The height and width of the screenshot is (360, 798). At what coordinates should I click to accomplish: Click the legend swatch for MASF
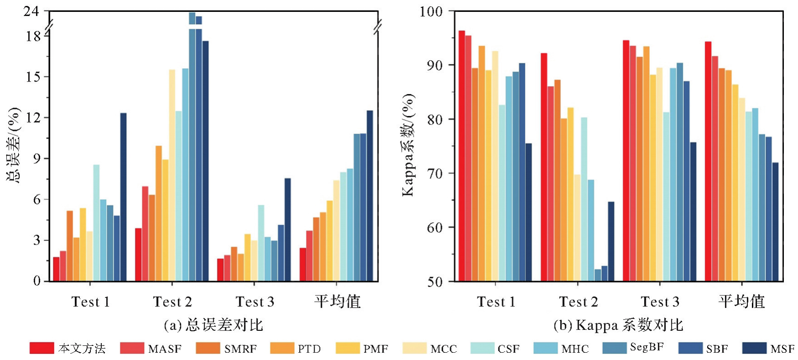click(132, 348)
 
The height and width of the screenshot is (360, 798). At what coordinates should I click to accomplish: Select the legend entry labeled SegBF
click(614, 348)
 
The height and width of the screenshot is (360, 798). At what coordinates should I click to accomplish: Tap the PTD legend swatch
click(282, 348)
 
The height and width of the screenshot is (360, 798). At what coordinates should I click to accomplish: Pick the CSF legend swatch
click(482, 348)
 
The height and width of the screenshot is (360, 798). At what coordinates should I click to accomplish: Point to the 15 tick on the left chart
click(33, 77)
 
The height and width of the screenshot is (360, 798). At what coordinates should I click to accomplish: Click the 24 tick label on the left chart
click(31, 11)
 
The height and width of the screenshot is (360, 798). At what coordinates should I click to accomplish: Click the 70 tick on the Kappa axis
click(435, 173)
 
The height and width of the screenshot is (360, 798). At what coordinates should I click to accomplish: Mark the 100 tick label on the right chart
click(431, 11)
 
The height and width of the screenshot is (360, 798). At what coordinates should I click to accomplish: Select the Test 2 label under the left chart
click(172, 302)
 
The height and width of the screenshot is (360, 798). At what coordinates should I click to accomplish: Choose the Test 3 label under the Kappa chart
click(660, 302)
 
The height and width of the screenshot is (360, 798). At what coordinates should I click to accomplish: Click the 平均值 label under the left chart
click(337, 302)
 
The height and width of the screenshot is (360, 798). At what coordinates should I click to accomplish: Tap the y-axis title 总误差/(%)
click(14, 145)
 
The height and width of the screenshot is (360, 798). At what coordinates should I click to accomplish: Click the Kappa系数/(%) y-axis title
click(409, 145)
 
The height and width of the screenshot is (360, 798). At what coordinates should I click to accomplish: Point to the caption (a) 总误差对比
click(213, 325)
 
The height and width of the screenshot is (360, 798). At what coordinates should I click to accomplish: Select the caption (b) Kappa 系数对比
click(618, 325)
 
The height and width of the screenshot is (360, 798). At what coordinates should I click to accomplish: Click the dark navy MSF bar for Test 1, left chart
click(123, 197)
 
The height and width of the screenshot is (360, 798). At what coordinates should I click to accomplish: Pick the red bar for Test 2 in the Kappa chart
click(544, 167)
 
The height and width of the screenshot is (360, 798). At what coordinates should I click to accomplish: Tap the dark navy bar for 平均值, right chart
click(775, 222)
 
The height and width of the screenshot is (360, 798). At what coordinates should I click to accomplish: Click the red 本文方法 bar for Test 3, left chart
click(220, 270)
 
